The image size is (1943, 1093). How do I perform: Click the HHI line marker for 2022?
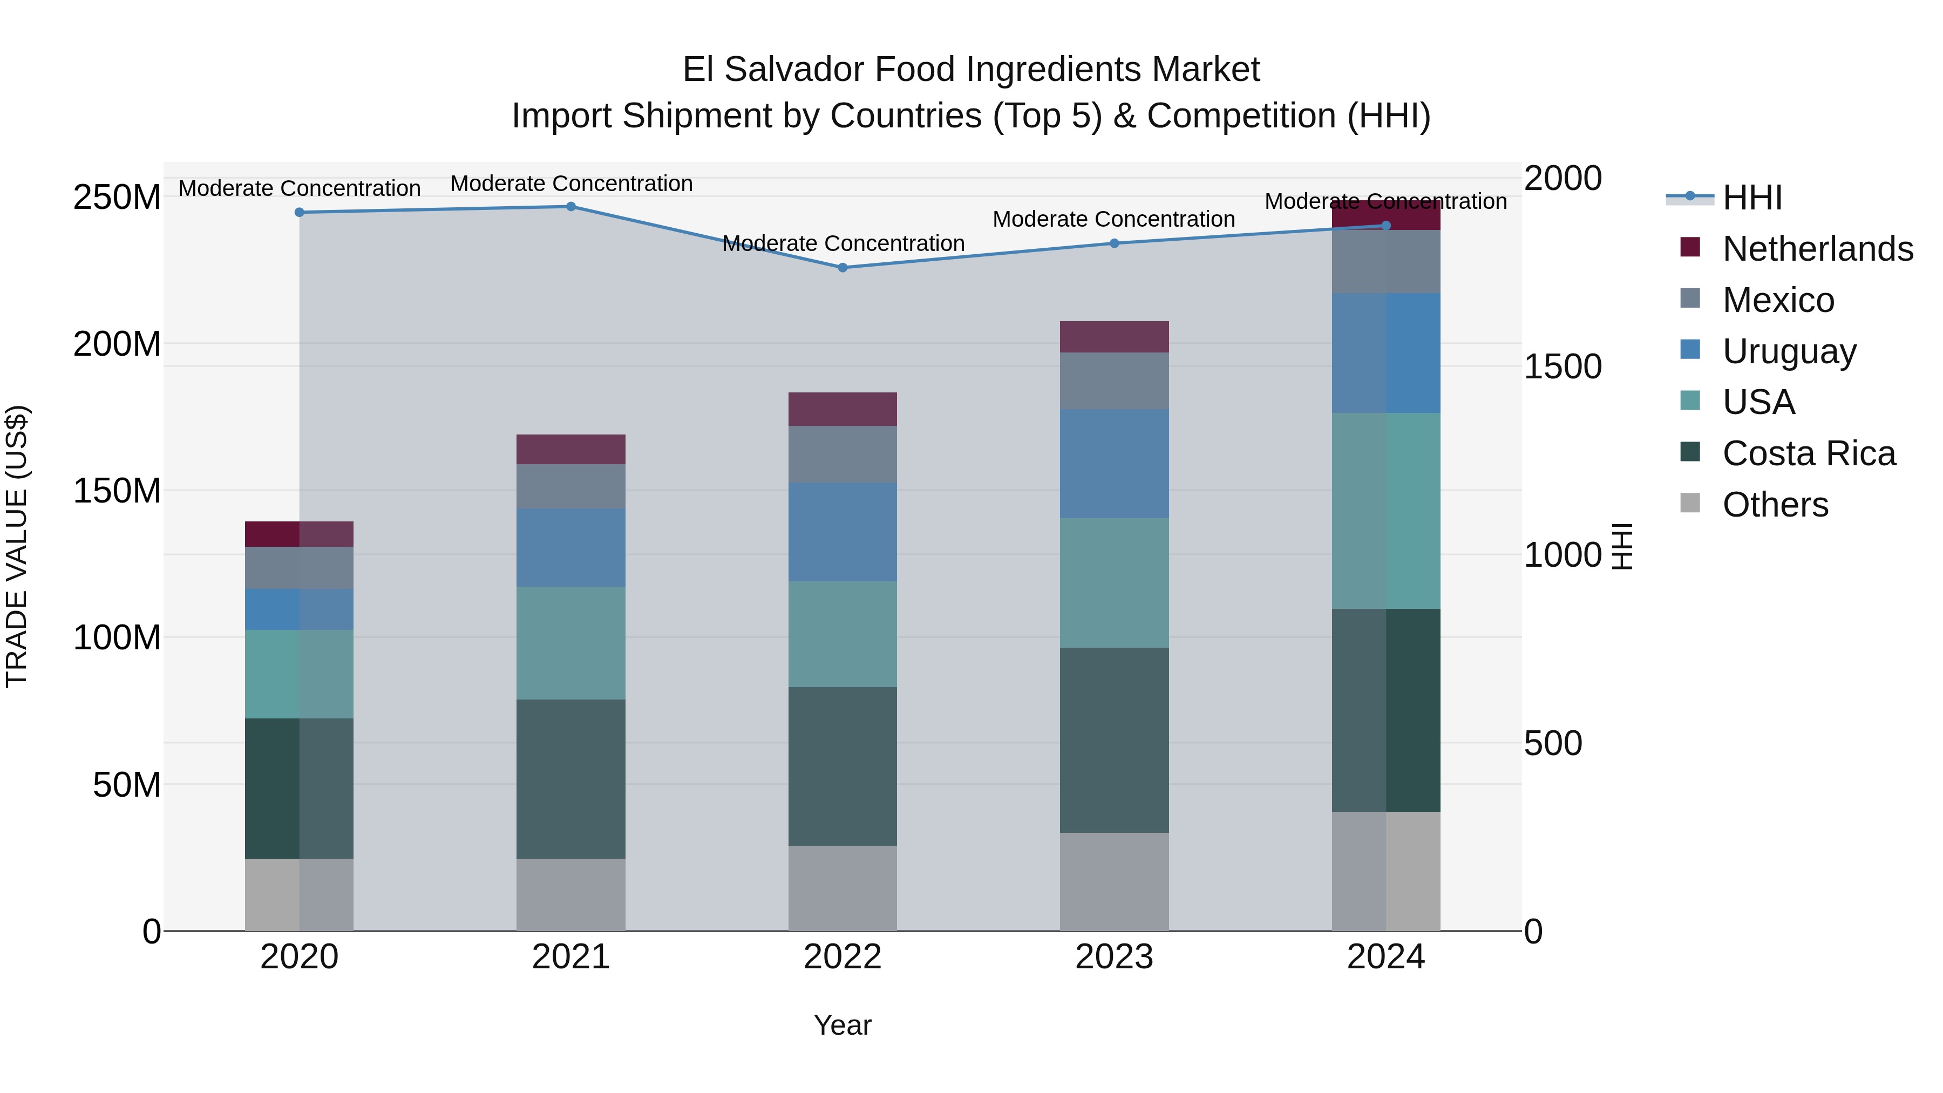coord(843,268)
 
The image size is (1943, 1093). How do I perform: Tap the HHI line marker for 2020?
coord(300,213)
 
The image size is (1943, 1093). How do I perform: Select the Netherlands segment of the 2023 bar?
coord(1114,336)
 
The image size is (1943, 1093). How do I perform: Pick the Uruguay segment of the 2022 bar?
coord(843,532)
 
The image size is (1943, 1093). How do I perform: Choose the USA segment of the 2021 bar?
coord(571,643)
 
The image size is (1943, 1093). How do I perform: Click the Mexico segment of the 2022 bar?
coord(843,454)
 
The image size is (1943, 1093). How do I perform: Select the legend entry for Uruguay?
coord(1789,351)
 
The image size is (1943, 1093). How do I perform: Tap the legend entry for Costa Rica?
coord(1808,453)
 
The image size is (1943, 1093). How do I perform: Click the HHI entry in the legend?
coord(1751,198)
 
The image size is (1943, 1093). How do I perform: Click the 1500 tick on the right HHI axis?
coord(1562,366)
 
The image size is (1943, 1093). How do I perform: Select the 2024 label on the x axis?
coord(1385,957)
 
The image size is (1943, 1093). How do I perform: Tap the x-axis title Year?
coord(843,1025)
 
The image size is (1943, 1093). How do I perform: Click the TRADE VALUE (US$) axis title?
coord(17,546)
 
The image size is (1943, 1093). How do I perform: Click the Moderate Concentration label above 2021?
coord(571,184)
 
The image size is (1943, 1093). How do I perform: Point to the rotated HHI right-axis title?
coord(1622,546)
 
